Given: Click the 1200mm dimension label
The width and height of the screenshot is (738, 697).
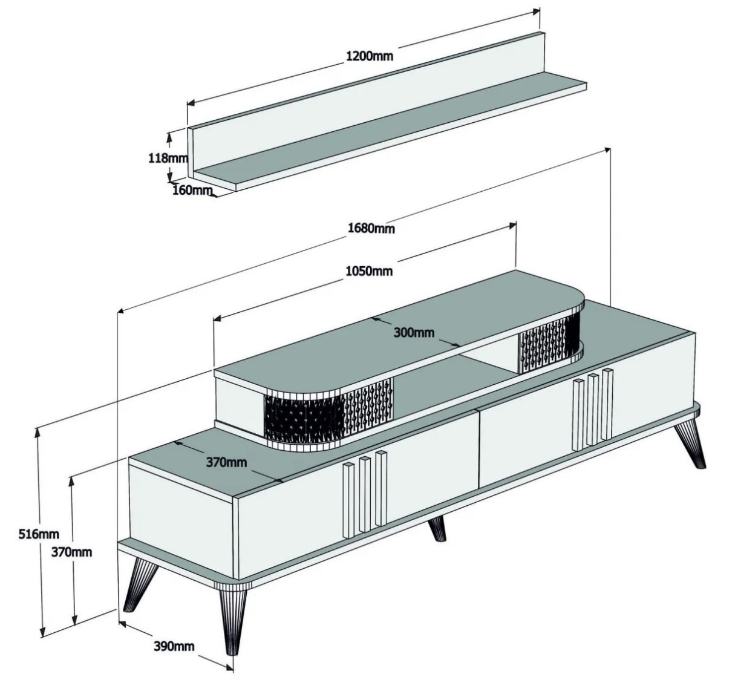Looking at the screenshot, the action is (x=370, y=56).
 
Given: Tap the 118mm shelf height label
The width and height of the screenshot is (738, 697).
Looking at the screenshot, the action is (x=168, y=159).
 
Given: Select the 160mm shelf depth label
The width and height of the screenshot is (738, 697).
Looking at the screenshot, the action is (x=192, y=190).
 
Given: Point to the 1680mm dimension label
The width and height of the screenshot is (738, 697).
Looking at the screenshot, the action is (x=371, y=228).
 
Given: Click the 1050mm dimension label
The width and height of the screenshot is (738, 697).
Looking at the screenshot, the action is (x=369, y=272).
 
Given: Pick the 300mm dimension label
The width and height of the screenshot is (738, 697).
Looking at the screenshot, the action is (x=414, y=332).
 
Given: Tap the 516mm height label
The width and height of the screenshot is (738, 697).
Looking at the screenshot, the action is (x=39, y=534).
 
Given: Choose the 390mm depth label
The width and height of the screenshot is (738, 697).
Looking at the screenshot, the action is (x=174, y=646).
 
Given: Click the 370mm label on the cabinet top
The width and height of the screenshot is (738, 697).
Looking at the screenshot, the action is (x=226, y=462).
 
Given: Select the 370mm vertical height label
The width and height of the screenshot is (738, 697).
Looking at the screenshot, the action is (x=71, y=552).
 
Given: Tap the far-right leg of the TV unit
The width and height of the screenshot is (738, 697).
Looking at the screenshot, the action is (x=690, y=445).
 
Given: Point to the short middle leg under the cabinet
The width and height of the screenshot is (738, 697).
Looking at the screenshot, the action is (x=437, y=529).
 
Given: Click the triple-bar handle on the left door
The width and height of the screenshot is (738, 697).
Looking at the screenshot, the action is (x=365, y=494).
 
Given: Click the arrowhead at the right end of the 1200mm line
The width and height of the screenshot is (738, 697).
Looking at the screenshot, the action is (x=536, y=11).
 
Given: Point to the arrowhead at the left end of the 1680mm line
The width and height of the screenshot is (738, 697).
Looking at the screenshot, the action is (x=122, y=310).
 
